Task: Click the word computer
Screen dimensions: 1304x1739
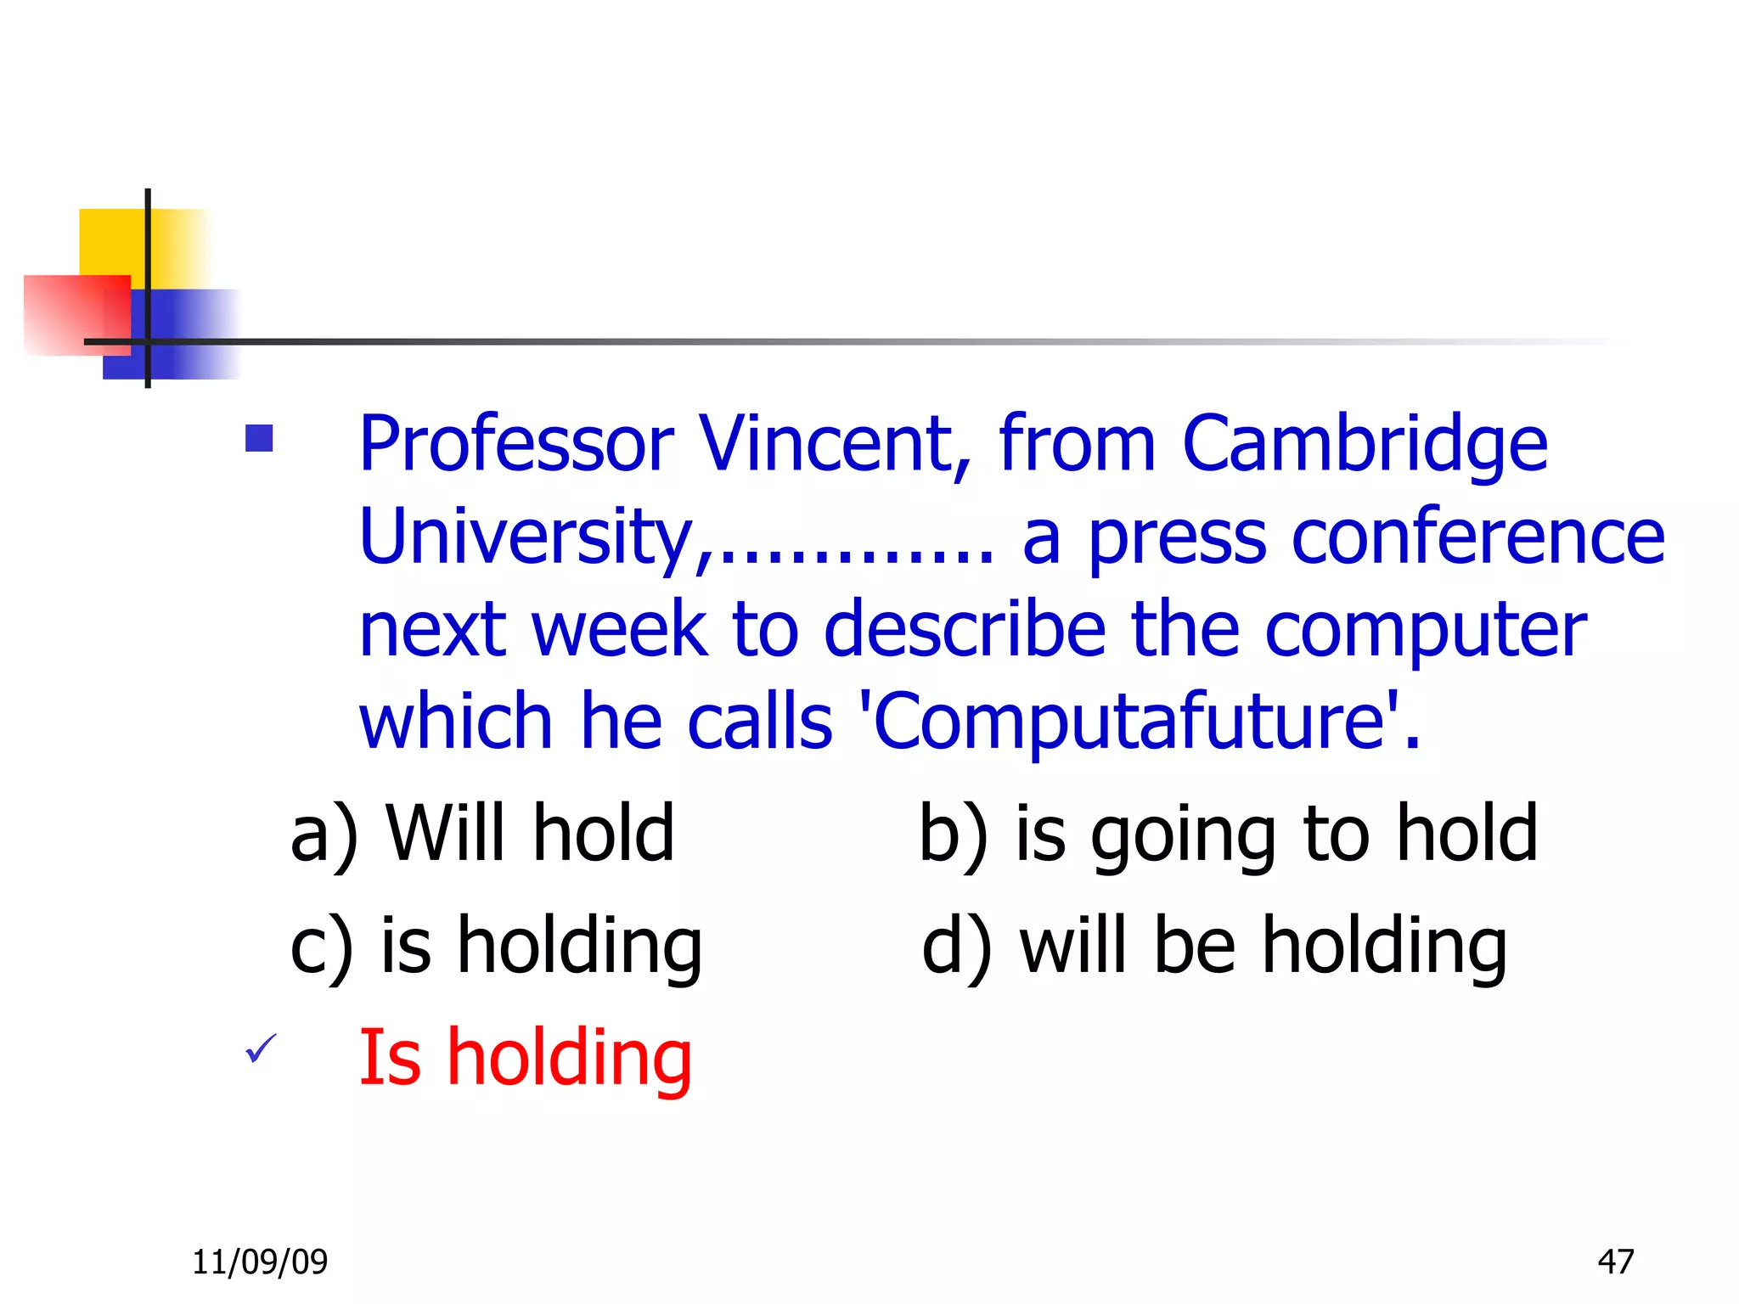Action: coord(1426,632)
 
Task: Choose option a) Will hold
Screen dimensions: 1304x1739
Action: coord(482,834)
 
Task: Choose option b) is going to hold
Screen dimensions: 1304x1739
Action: coord(1228,834)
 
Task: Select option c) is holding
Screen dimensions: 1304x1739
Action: coord(496,946)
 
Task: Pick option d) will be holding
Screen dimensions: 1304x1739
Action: coord(1214,946)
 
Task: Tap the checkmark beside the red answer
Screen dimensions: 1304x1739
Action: coord(260,1049)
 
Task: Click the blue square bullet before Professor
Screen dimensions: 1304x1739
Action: coord(259,438)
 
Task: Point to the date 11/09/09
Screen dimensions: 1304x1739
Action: coord(260,1262)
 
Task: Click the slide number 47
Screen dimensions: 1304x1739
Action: coord(1615,1262)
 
